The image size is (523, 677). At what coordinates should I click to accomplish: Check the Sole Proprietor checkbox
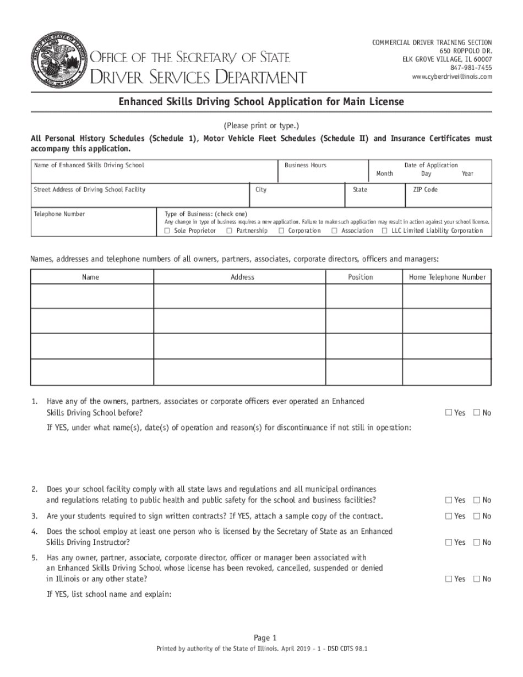[x=167, y=231]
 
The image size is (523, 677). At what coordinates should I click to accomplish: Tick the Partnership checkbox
[x=230, y=231]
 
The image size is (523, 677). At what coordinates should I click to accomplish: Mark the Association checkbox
[x=334, y=231]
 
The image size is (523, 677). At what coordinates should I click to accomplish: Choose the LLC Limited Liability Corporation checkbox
[x=385, y=231]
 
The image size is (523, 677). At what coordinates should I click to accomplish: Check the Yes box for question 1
[x=449, y=413]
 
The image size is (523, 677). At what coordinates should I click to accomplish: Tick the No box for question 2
[x=477, y=500]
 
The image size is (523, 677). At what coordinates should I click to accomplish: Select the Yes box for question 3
[x=449, y=516]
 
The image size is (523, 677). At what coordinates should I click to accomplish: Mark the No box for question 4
[x=477, y=543]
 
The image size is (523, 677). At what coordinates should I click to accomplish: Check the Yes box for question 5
[x=449, y=579]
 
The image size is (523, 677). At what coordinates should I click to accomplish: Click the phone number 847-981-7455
[x=471, y=68]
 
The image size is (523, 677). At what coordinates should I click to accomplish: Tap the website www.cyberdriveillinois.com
[x=452, y=77]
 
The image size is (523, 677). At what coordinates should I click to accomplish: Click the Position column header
[x=361, y=277]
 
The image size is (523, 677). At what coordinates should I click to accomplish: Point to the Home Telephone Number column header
[x=447, y=277]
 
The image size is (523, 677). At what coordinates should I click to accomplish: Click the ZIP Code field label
[x=426, y=189]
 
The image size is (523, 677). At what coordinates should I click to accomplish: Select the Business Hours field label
[x=306, y=165]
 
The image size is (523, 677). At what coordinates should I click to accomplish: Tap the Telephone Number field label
[x=59, y=214]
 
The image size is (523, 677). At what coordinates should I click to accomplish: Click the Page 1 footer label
[x=261, y=638]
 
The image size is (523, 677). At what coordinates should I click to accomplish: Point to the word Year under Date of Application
[x=467, y=173]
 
